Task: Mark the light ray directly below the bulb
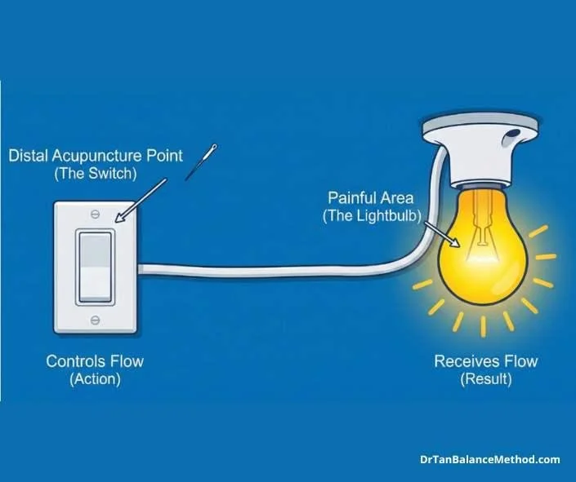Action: pos(483,326)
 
